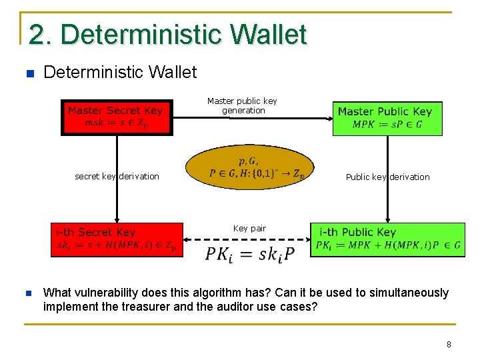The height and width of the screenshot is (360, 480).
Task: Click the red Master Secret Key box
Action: point(117,117)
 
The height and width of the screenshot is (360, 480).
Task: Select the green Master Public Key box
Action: point(387,118)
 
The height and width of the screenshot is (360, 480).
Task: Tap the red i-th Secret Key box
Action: point(117,239)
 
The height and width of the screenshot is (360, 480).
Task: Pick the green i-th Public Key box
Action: point(387,239)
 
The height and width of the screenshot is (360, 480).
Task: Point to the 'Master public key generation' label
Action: point(242,106)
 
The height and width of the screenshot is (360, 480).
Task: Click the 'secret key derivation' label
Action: point(117,177)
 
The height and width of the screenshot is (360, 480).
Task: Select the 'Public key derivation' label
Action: point(387,177)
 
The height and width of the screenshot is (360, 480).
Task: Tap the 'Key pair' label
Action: point(249,229)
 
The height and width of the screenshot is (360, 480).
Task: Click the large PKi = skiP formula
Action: point(249,253)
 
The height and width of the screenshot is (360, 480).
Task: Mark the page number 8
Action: point(449,345)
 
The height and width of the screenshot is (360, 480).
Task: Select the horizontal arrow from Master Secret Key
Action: point(253,118)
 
